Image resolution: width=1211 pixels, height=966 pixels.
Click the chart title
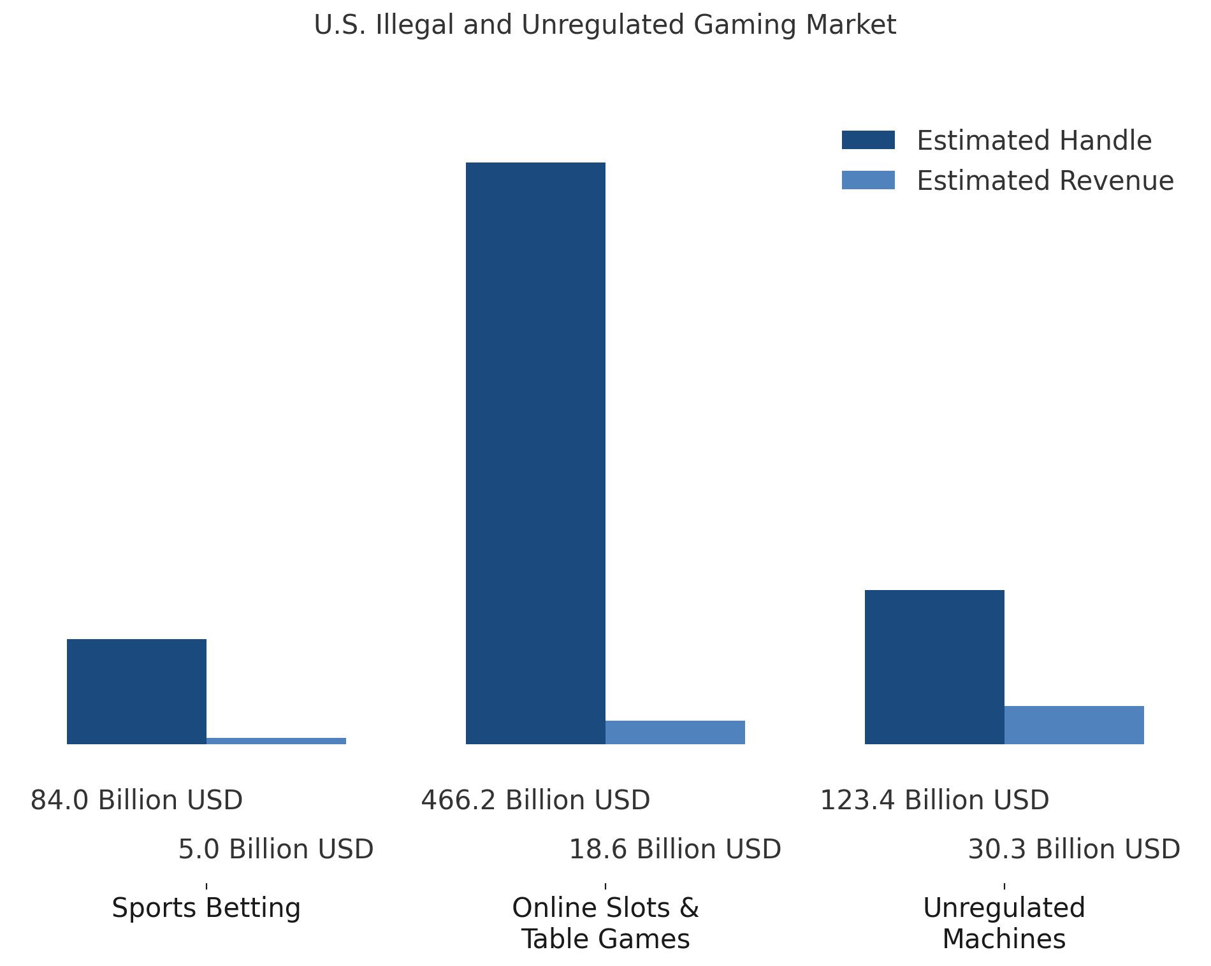[x=605, y=25]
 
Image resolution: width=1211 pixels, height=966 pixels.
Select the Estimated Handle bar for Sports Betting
[x=136, y=691]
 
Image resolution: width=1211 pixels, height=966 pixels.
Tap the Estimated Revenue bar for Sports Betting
[x=276, y=740]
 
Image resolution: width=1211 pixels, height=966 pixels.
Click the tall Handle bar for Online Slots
[x=535, y=453]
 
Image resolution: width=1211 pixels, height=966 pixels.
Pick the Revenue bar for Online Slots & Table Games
[x=675, y=732]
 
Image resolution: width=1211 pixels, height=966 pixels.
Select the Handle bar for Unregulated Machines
[x=934, y=667]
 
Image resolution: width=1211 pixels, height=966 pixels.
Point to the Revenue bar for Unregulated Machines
[x=1074, y=725]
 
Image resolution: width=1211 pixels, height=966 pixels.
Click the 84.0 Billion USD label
[x=136, y=800]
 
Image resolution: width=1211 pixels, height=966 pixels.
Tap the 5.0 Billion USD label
[x=276, y=849]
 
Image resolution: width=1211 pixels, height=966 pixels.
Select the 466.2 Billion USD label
[x=535, y=800]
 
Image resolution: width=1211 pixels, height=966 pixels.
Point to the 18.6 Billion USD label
[x=675, y=849]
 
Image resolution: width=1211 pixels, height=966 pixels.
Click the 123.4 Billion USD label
[x=934, y=800]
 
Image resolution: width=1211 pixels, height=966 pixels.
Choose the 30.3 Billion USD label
[x=1074, y=849]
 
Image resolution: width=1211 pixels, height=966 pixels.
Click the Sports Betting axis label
[x=206, y=908]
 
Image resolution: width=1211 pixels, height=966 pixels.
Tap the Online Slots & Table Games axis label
[x=605, y=923]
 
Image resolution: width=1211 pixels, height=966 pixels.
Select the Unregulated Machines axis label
[x=1004, y=923]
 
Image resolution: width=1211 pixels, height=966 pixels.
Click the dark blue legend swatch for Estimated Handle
[x=868, y=140]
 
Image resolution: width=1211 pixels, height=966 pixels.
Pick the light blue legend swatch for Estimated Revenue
[x=868, y=180]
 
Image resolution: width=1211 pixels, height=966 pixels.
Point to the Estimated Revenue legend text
[x=1045, y=181]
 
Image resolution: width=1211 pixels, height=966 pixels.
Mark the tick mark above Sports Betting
[x=207, y=886]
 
